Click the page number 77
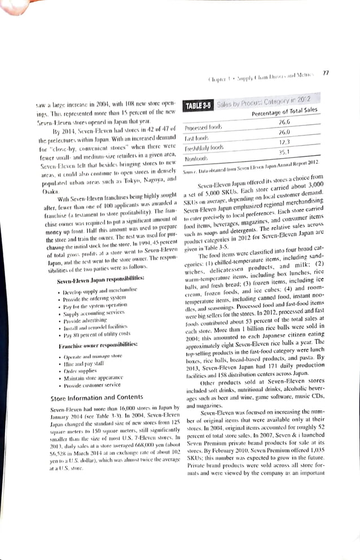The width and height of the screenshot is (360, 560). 325,73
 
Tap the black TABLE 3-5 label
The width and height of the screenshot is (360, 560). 199,104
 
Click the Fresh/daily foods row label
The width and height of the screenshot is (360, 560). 204,145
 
